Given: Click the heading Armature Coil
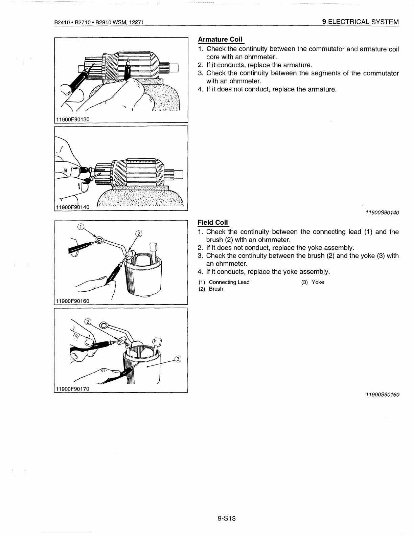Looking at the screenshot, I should click(220, 39).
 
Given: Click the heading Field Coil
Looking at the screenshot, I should click(213, 222).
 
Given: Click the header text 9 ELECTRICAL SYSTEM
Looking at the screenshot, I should click(361, 22).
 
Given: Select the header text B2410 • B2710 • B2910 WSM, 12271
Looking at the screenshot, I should click(99, 22).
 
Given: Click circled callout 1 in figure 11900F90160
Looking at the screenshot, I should click(80, 227).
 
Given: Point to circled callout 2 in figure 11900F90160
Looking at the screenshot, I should click(139, 233).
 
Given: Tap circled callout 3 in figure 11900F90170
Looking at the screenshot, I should click(178, 359).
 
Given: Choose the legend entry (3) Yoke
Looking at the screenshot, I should click(313, 282).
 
